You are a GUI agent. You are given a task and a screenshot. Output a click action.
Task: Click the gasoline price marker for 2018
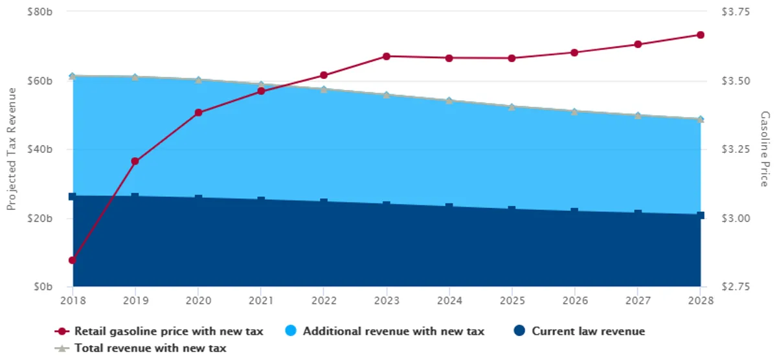[73, 260]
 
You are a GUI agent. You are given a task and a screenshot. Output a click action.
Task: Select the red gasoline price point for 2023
[387, 56]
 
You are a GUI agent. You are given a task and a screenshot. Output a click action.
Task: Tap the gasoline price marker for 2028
[701, 35]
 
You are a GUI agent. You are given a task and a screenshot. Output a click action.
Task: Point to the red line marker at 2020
[198, 113]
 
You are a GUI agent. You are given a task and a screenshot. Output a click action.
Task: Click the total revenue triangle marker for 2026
[575, 111]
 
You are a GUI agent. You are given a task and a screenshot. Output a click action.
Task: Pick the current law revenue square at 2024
[449, 207]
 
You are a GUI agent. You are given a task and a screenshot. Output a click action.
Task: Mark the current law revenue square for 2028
[701, 215]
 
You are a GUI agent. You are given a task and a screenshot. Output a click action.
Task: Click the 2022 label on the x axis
[324, 300]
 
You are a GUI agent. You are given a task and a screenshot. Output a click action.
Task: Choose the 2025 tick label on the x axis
[512, 300]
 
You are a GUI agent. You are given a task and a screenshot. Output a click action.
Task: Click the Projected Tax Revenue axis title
[11, 150]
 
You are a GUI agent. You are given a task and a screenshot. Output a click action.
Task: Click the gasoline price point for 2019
[135, 161]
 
